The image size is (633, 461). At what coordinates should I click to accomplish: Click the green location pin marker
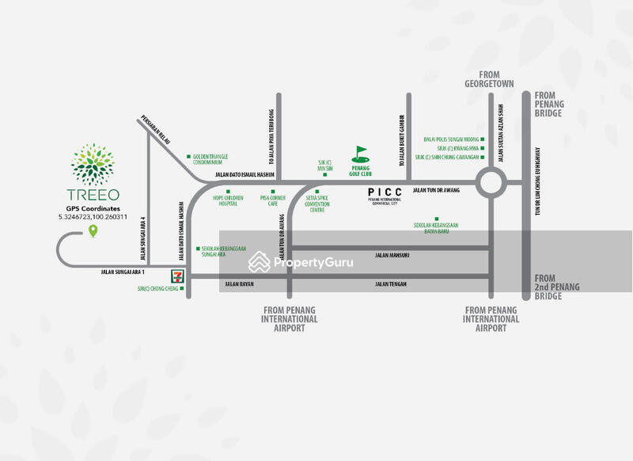93,231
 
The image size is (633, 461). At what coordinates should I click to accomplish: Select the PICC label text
386,192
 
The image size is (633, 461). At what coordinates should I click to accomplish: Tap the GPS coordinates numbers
93,216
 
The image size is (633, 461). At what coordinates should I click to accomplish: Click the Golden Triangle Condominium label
212,159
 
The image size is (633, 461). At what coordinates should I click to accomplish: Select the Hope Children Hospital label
228,201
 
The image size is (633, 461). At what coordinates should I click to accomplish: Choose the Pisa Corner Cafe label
272,201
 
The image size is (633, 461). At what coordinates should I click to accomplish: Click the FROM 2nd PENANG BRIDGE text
548,287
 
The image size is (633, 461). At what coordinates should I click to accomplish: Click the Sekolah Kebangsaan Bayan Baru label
436,227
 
